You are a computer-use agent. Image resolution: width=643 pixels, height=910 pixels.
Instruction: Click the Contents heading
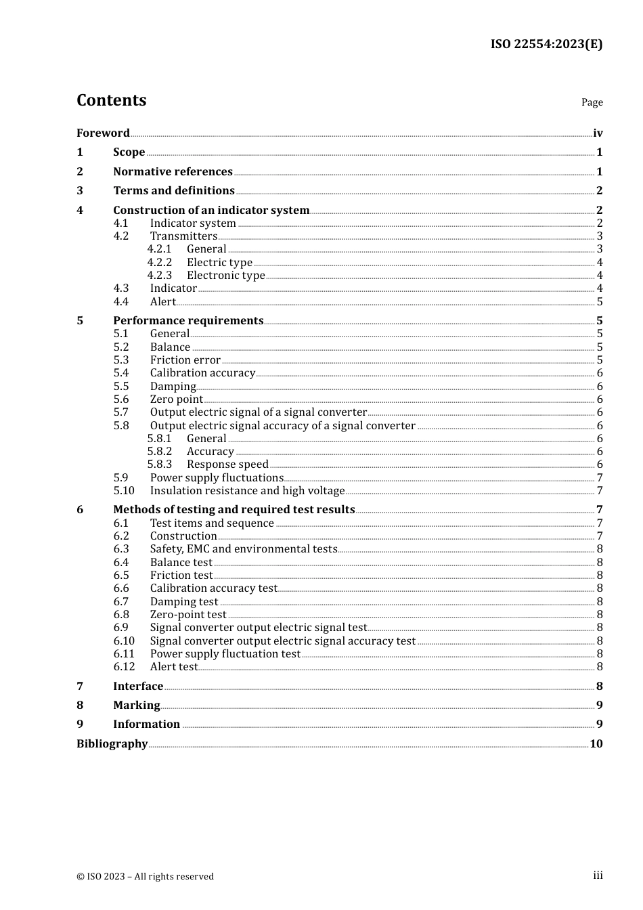tap(111, 100)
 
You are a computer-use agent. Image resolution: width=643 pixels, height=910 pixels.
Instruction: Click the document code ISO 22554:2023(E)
tap(546, 44)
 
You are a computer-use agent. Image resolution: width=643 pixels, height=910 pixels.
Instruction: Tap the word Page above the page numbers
tap(592, 102)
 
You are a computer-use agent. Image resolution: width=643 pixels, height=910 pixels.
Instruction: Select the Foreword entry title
tap(103, 133)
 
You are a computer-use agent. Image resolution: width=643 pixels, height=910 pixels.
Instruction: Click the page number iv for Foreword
tap(598, 133)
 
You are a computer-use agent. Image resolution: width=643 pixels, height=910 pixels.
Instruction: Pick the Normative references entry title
tap(173, 172)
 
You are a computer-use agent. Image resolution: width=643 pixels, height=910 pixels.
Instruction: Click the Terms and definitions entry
tap(174, 191)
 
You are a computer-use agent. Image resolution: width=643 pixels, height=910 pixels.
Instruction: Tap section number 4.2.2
tap(160, 263)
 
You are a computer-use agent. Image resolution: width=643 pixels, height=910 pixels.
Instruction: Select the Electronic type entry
tap(226, 276)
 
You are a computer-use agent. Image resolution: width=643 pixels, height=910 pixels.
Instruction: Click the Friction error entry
tap(185, 360)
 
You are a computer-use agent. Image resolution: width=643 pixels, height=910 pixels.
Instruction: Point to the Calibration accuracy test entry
tap(214, 588)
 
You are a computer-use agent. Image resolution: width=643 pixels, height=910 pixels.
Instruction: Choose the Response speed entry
tap(227, 464)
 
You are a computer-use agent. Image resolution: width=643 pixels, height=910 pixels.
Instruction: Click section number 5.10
tap(124, 491)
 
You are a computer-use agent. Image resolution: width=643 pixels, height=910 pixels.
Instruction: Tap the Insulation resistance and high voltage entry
tap(247, 491)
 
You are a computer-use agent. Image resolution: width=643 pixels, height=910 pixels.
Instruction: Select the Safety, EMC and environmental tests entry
tap(244, 549)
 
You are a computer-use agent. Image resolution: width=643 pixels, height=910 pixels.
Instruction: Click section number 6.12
tap(124, 667)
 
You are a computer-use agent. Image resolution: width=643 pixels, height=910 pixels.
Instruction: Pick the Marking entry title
tap(137, 706)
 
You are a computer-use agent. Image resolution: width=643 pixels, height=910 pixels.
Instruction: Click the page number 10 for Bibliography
tap(596, 744)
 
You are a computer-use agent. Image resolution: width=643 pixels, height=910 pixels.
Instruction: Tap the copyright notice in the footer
tap(145, 876)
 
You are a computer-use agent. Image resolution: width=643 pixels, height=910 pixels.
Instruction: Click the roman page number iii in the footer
tap(598, 875)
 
